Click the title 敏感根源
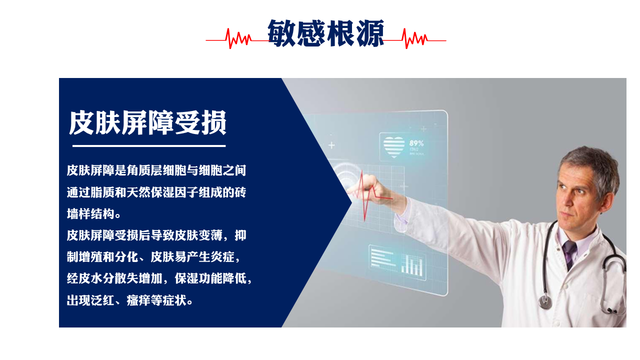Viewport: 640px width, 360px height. pos(325,33)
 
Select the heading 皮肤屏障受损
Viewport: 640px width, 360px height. pos(147,122)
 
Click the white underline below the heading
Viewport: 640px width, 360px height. pos(149,146)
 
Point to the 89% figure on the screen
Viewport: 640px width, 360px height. pos(416,143)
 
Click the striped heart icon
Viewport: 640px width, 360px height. pos(394,147)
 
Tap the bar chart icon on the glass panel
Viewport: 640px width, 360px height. pos(411,265)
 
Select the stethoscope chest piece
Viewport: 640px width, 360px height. pos(545,301)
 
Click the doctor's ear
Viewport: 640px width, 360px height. pos(607,200)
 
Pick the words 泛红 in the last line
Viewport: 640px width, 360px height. pos(102,300)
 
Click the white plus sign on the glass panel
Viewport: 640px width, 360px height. pos(331,145)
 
